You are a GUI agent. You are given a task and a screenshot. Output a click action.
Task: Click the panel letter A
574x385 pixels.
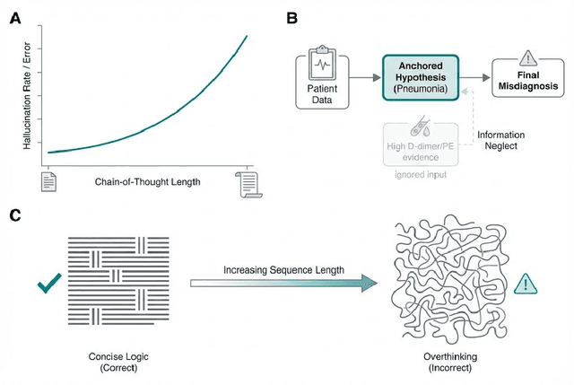point(16,15)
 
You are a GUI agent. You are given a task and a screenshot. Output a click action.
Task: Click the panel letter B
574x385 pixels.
point(291,15)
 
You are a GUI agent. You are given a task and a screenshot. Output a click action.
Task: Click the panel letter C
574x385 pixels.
point(16,215)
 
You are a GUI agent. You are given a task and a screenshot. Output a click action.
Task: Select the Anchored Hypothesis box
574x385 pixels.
point(421,78)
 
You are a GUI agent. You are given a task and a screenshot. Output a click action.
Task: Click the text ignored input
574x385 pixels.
point(420,173)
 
